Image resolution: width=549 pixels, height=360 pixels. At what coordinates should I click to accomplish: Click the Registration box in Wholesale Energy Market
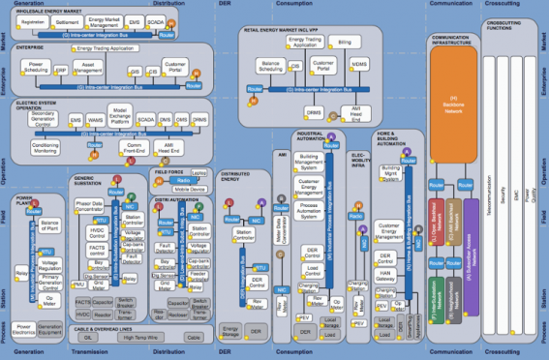pyautogui.click(x=33, y=20)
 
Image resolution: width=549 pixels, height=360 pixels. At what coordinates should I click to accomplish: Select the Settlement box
pyautogui.click(x=68, y=20)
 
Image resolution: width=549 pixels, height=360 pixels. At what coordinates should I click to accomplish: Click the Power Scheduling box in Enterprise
pyautogui.click(x=37, y=69)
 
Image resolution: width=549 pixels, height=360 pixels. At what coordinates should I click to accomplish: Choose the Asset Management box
pyautogui.click(x=88, y=70)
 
